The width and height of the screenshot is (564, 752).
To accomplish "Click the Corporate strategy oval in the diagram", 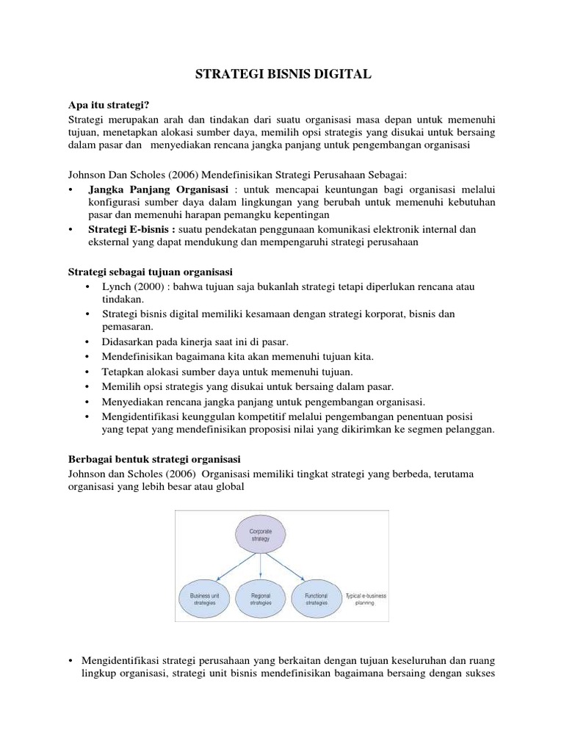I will (x=261, y=535).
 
